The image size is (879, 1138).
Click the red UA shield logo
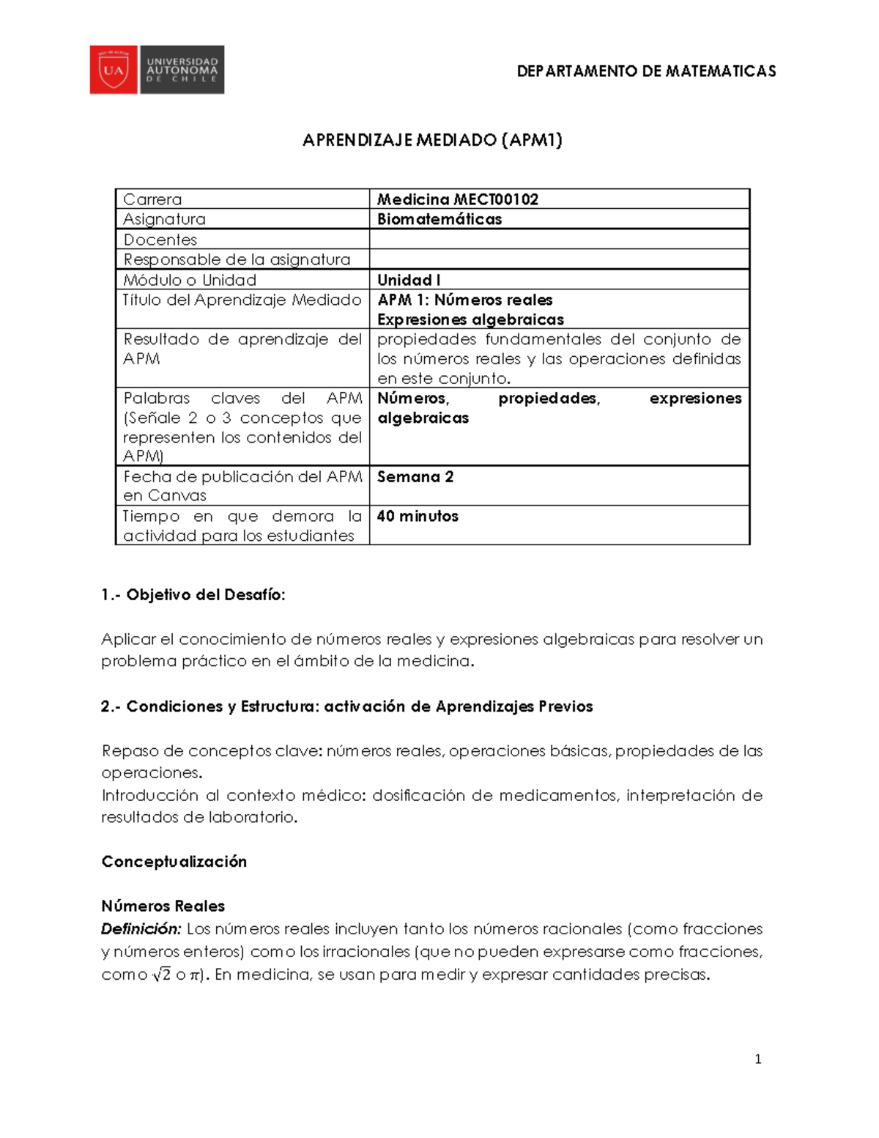(114, 70)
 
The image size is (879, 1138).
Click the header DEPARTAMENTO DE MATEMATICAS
(646, 71)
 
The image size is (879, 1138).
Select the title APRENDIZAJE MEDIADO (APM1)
(432, 140)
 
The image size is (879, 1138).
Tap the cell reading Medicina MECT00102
(458, 199)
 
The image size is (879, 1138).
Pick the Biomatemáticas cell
(439, 219)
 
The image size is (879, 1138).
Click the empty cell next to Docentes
(559, 240)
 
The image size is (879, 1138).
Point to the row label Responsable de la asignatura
(237, 259)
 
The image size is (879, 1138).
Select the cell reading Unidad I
(409, 280)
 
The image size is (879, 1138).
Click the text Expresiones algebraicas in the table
(470, 319)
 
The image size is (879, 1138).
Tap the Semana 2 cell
(415, 477)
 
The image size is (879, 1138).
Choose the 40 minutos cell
(418, 516)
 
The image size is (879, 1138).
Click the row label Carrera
(152, 199)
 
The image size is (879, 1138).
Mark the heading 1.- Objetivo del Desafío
(193, 595)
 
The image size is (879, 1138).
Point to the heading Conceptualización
(174, 862)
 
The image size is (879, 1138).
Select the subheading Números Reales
(163, 906)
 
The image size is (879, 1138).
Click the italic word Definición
(141, 929)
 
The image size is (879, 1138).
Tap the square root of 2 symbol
(161, 975)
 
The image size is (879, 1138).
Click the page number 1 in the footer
(758, 1059)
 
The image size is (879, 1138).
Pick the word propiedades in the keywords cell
(549, 399)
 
